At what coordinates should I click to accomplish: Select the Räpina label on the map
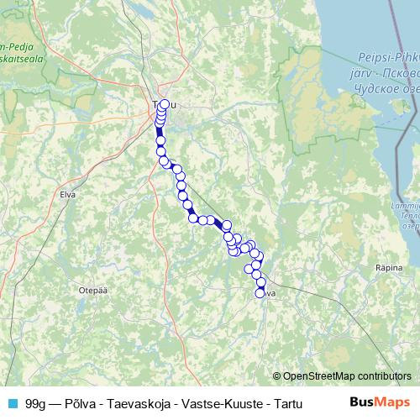coord(390,267)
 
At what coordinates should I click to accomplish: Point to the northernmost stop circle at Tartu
coord(164,105)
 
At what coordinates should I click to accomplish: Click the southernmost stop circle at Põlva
coord(261,291)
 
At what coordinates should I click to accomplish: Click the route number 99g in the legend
coord(35,402)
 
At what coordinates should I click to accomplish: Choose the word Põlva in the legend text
coord(79,402)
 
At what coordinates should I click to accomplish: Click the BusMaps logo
coord(378,402)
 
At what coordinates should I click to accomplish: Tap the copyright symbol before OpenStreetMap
coord(277,375)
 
